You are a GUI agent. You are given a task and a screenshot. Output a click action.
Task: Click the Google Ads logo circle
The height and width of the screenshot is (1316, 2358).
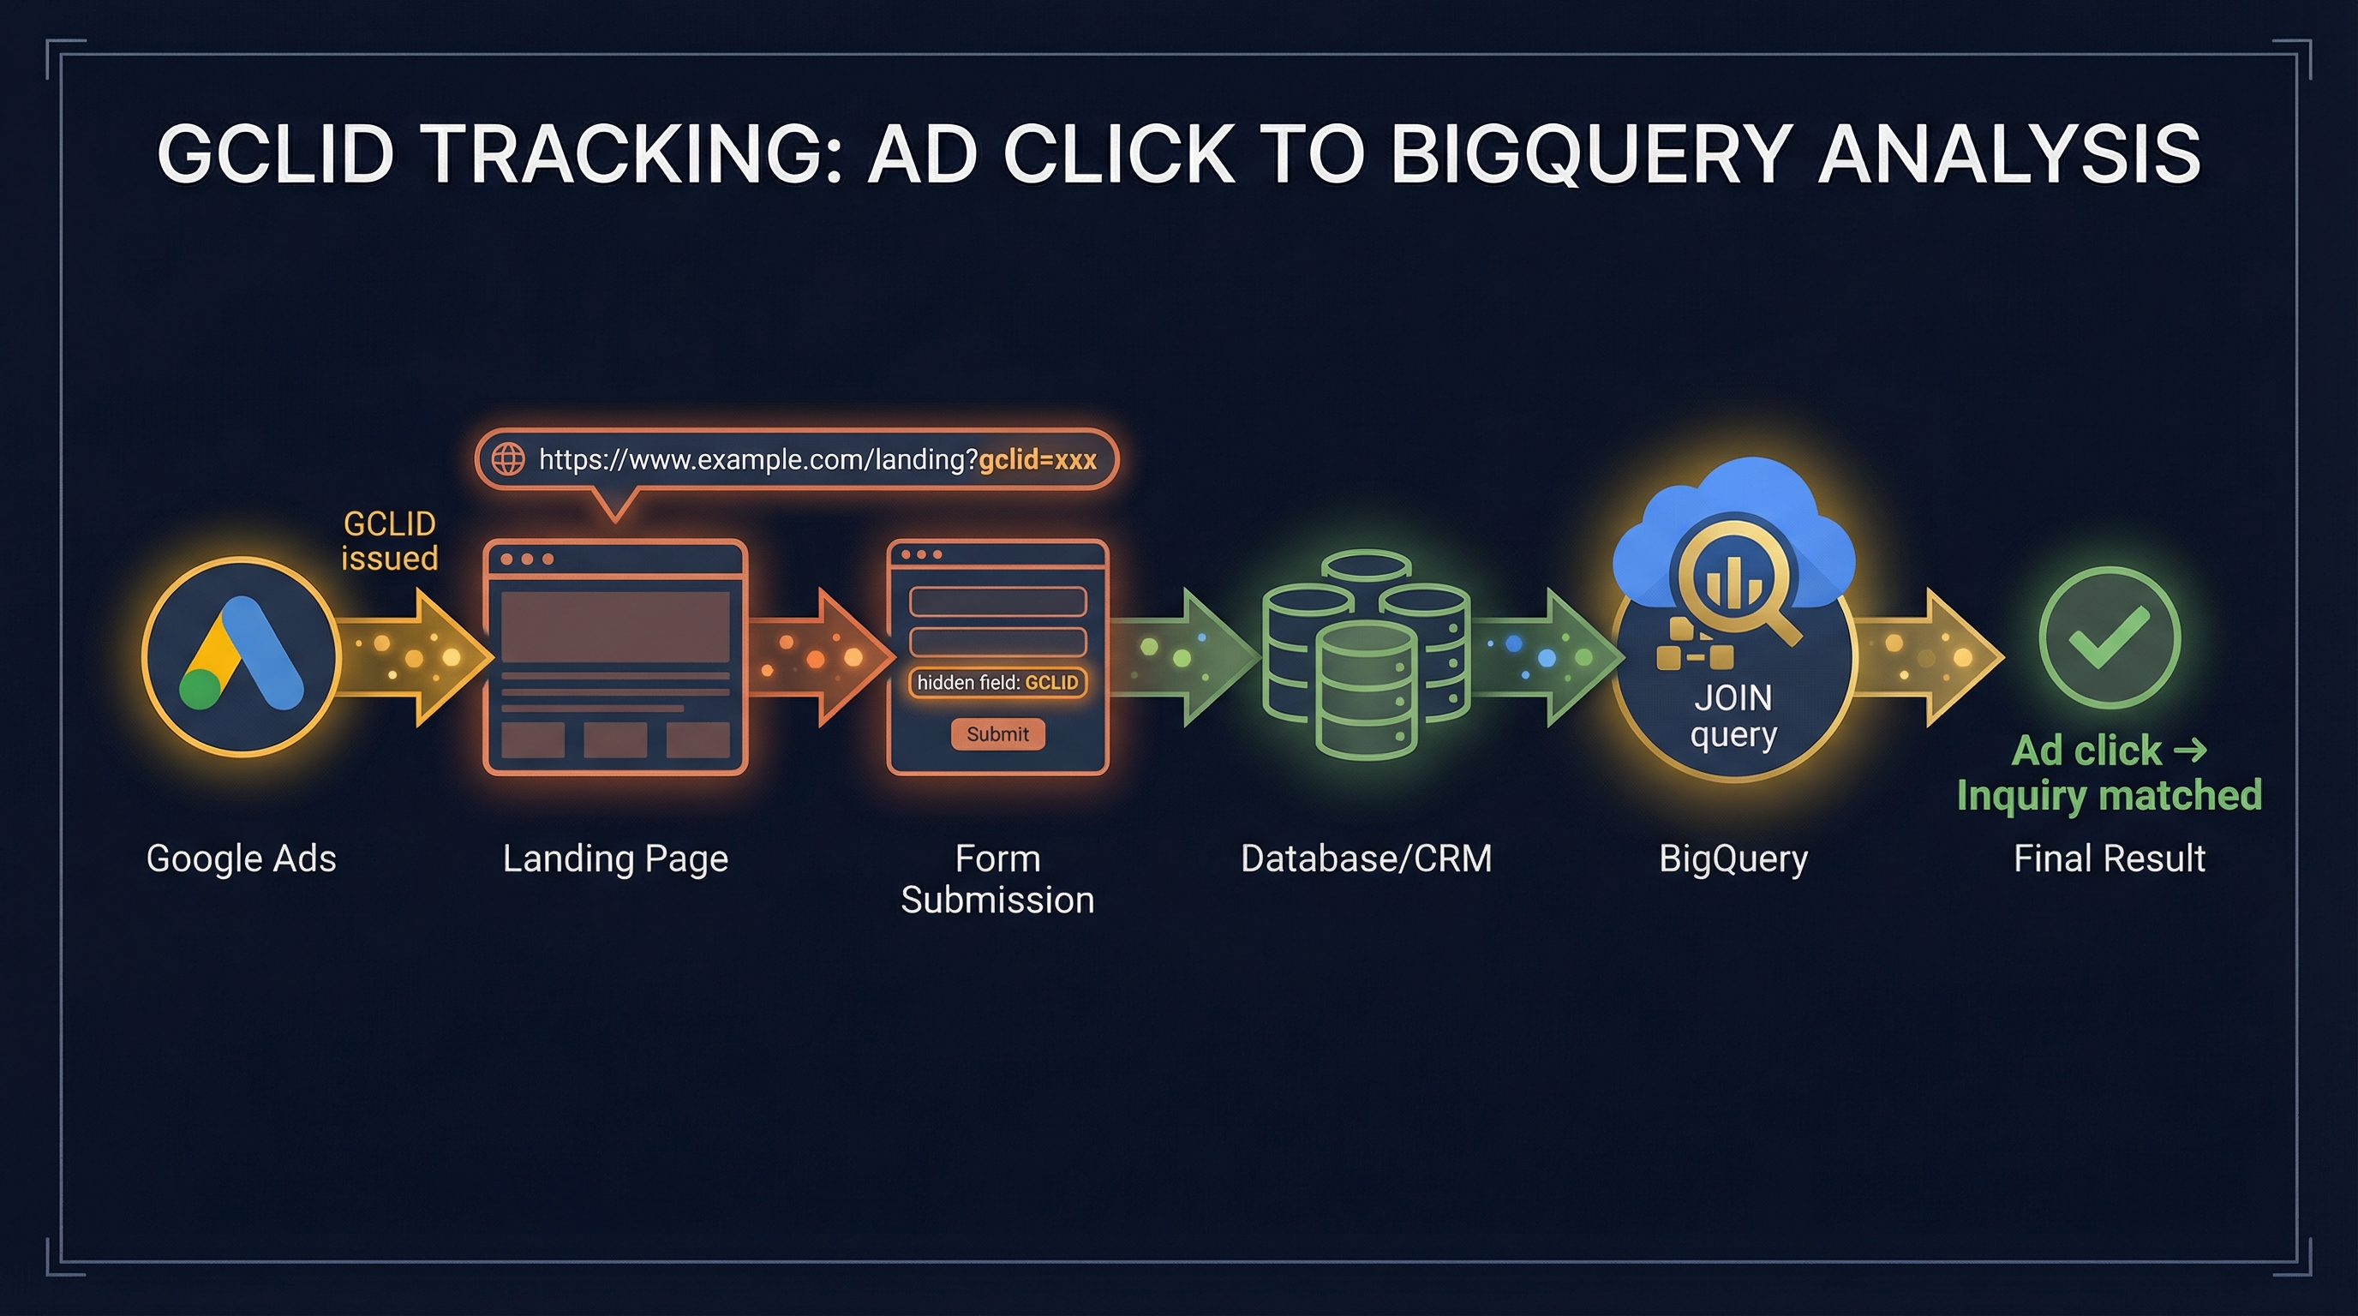[242, 657]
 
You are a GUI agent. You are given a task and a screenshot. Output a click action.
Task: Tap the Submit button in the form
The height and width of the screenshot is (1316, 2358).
[996, 734]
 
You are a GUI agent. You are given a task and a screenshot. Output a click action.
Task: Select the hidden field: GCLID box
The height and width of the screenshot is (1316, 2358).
[996, 683]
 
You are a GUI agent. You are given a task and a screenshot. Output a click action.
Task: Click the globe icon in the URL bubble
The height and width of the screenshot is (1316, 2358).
[508, 458]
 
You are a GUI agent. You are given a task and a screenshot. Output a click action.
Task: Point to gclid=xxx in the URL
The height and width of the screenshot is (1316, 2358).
[1037, 459]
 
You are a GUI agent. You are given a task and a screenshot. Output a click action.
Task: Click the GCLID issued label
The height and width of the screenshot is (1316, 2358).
[389, 541]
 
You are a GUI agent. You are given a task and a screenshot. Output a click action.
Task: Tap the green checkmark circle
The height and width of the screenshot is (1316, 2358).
[2109, 638]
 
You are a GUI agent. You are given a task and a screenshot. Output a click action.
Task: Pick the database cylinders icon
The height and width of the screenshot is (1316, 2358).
[1366, 655]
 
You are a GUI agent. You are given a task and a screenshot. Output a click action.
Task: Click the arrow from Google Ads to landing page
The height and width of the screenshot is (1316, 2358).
[416, 657]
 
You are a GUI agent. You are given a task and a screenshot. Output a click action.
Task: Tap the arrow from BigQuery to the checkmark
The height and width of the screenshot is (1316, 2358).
[1928, 657]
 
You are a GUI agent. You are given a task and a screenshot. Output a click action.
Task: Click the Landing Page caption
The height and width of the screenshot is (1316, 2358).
[615, 858]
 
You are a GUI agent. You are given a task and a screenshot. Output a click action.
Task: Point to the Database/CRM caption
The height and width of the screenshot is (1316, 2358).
[1366, 858]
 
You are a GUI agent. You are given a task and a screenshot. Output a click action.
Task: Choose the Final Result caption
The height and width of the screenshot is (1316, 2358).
[2109, 858]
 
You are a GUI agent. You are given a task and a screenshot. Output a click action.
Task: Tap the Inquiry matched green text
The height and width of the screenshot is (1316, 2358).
[2109, 795]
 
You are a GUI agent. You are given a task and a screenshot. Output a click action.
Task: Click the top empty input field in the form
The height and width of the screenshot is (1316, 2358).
[996, 601]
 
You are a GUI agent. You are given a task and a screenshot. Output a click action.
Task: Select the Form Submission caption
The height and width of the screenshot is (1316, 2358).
[996, 879]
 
